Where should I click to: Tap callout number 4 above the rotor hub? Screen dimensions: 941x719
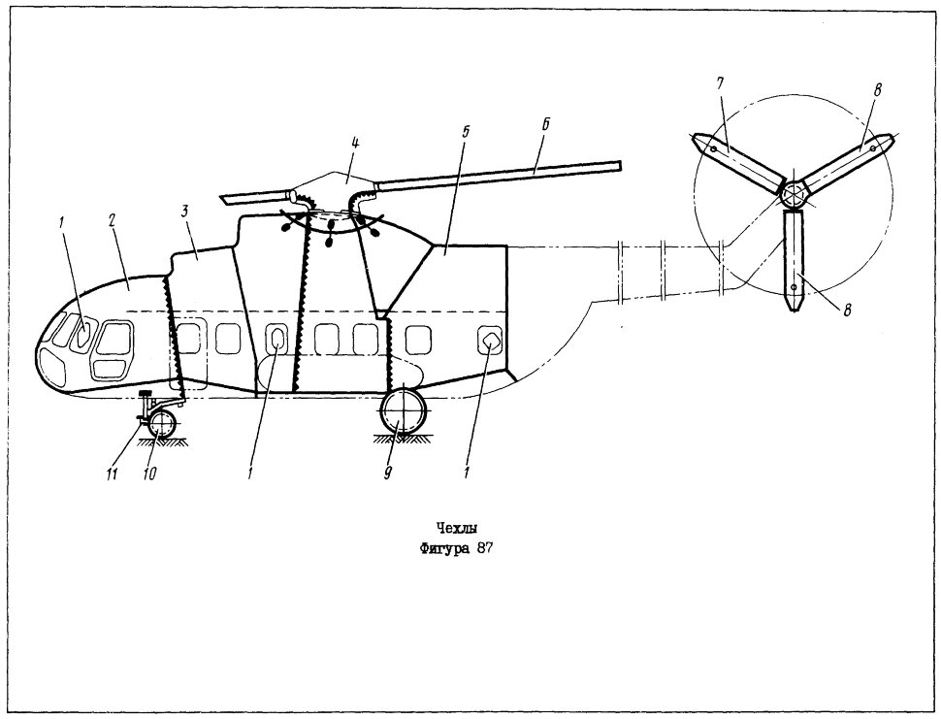[x=354, y=144]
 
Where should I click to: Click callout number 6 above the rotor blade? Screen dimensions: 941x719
[x=545, y=125]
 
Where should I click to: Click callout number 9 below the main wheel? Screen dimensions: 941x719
[x=387, y=474]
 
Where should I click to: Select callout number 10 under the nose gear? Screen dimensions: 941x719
[x=149, y=474]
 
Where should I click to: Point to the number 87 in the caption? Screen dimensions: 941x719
[x=484, y=548]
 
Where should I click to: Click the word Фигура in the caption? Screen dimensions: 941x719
[x=444, y=549]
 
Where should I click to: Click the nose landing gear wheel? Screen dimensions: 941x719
[x=161, y=425]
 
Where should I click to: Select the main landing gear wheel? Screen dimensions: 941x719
[x=403, y=411]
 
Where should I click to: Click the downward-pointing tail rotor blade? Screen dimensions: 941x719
[x=794, y=261]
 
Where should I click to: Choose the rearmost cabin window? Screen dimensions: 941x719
[x=490, y=341]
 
